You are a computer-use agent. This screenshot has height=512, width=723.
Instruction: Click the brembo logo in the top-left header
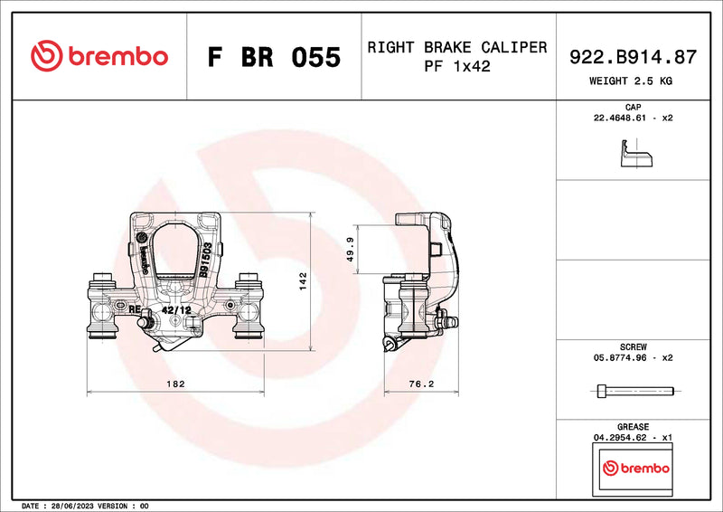click(x=99, y=56)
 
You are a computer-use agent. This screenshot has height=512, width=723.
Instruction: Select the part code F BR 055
click(x=274, y=57)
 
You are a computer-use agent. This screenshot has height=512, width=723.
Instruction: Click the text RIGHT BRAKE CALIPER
click(x=456, y=47)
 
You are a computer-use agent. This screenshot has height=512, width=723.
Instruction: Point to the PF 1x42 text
click(x=456, y=66)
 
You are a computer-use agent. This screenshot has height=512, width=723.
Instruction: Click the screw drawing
click(x=635, y=391)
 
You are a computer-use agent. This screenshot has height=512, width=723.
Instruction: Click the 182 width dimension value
click(x=175, y=384)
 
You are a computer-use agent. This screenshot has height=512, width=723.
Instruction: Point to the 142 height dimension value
click(x=304, y=281)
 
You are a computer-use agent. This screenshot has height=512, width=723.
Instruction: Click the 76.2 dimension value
click(x=422, y=384)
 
